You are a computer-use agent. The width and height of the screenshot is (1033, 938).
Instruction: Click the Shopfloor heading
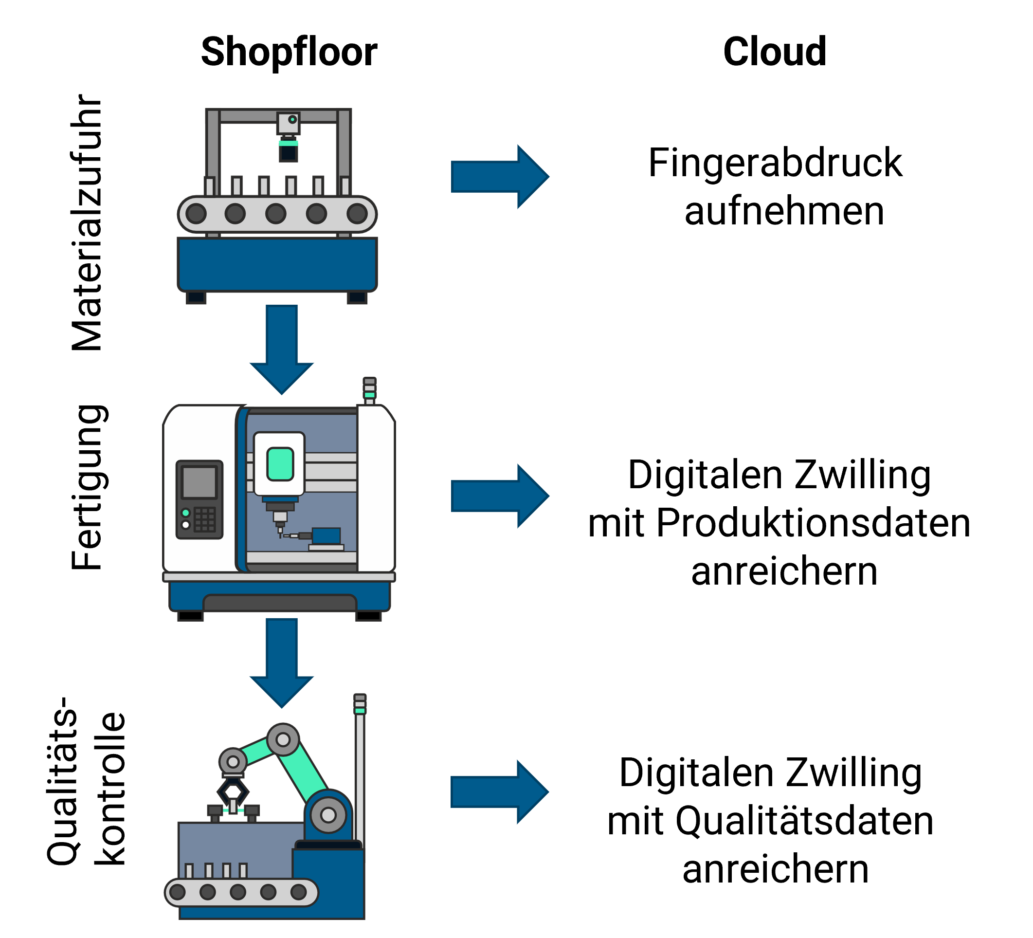coord(289,52)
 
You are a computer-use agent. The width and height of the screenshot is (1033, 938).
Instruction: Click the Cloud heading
coord(775,52)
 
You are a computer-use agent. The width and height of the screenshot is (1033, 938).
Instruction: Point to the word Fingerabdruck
coord(775,163)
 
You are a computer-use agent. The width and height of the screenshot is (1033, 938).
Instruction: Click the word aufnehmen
coord(784,211)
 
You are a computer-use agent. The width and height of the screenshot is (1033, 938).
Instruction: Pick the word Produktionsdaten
coord(813,523)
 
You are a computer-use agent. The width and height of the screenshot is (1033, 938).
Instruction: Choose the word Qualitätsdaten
coord(804,821)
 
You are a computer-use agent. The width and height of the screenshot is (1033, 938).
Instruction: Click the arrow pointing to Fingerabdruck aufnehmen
coord(500,176)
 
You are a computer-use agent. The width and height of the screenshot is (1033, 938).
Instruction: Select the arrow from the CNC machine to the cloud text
coord(500,496)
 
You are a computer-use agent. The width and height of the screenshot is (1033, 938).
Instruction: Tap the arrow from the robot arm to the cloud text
coord(500,792)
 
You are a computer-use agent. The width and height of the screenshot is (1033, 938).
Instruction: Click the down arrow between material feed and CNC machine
coord(281,349)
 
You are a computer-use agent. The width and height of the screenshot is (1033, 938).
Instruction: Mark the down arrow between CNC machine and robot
coord(281,662)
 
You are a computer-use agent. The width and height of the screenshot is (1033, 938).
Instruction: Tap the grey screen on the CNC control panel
coord(199,482)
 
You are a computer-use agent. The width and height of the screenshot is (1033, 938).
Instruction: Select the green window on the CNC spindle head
coord(280,464)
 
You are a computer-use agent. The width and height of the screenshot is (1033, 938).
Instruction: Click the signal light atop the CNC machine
coord(369,389)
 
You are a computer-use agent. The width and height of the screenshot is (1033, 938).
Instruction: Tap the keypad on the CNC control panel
coord(205,520)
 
